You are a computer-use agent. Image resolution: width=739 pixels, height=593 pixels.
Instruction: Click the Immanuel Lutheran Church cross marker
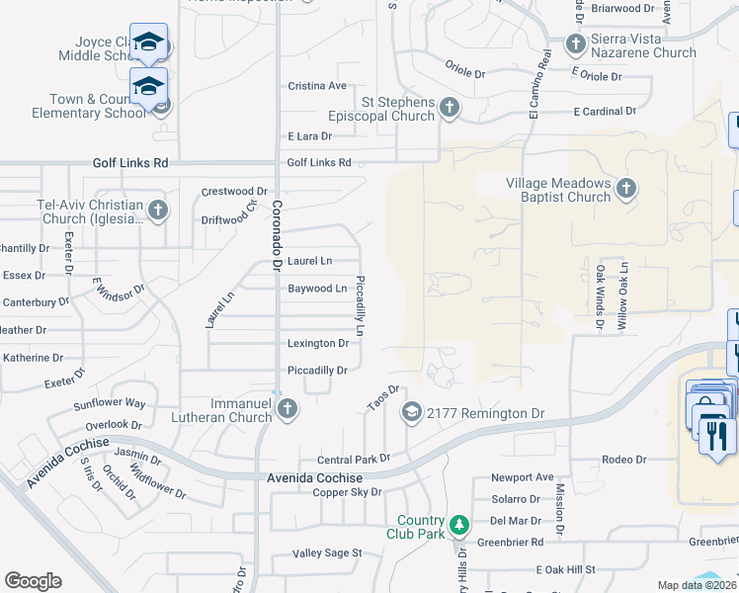click(x=287, y=410)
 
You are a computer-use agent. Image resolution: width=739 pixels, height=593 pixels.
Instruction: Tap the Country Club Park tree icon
click(x=458, y=524)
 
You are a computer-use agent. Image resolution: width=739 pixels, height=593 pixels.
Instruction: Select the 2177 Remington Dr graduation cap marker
click(x=412, y=413)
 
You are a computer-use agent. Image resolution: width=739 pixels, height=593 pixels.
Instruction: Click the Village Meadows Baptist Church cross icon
click(x=625, y=189)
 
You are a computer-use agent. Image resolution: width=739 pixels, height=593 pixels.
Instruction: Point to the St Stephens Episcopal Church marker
click(x=450, y=108)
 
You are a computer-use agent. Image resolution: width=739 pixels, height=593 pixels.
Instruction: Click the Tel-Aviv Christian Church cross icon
click(x=158, y=211)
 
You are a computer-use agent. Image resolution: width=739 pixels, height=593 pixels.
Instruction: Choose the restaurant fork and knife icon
click(x=716, y=434)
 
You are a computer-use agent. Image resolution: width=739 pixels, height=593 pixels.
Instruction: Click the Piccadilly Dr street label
click(x=317, y=371)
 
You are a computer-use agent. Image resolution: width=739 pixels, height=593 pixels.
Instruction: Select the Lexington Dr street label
click(x=317, y=344)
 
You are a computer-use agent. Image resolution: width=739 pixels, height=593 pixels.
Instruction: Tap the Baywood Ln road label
click(x=317, y=289)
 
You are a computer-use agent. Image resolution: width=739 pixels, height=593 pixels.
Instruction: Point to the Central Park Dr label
click(x=354, y=460)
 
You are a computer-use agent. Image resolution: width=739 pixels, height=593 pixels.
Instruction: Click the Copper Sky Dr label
click(x=347, y=492)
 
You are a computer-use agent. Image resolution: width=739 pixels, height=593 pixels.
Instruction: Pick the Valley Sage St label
click(x=327, y=553)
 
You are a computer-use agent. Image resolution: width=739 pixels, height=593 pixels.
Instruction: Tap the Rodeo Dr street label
click(x=623, y=460)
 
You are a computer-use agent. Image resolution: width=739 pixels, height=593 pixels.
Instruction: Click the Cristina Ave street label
click(x=317, y=86)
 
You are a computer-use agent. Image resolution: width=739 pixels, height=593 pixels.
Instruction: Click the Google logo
click(x=33, y=581)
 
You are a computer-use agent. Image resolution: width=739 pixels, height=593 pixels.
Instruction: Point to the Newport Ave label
click(x=523, y=477)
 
